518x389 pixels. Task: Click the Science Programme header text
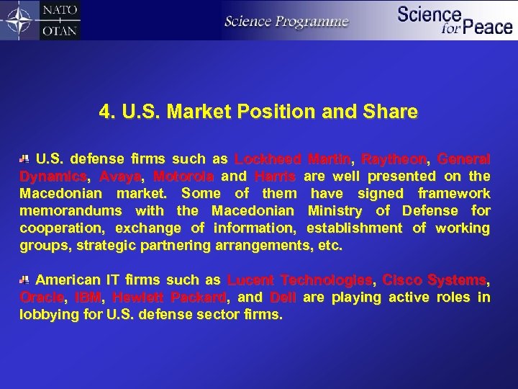pyautogui.click(x=286, y=21)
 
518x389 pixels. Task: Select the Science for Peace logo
pyautogui.click(x=455, y=19)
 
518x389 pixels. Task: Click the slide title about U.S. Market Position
pyautogui.click(x=258, y=112)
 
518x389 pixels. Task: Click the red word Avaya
pyautogui.click(x=120, y=176)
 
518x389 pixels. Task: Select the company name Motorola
pyautogui.click(x=183, y=176)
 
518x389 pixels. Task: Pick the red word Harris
pyautogui.click(x=275, y=176)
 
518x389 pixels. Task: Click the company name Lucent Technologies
pyautogui.click(x=300, y=280)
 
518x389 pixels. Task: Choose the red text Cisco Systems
pyautogui.click(x=435, y=280)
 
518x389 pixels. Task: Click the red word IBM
pyautogui.click(x=89, y=298)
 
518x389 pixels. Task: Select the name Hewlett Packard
pyautogui.click(x=170, y=298)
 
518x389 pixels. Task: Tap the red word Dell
pyautogui.click(x=283, y=298)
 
